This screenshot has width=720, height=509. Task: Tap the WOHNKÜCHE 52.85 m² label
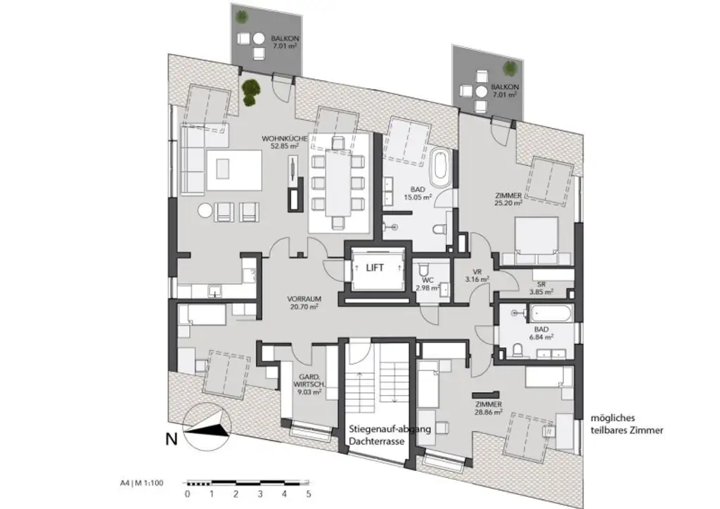(x=284, y=143)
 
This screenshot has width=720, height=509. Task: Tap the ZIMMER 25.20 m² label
(x=508, y=199)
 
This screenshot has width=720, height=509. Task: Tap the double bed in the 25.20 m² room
(x=536, y=238)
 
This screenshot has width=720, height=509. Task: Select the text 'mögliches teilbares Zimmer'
(x=627, y=423)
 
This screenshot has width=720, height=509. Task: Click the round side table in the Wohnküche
(x=205, y=210)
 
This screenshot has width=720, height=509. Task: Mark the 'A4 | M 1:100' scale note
(x=143, y=484)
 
